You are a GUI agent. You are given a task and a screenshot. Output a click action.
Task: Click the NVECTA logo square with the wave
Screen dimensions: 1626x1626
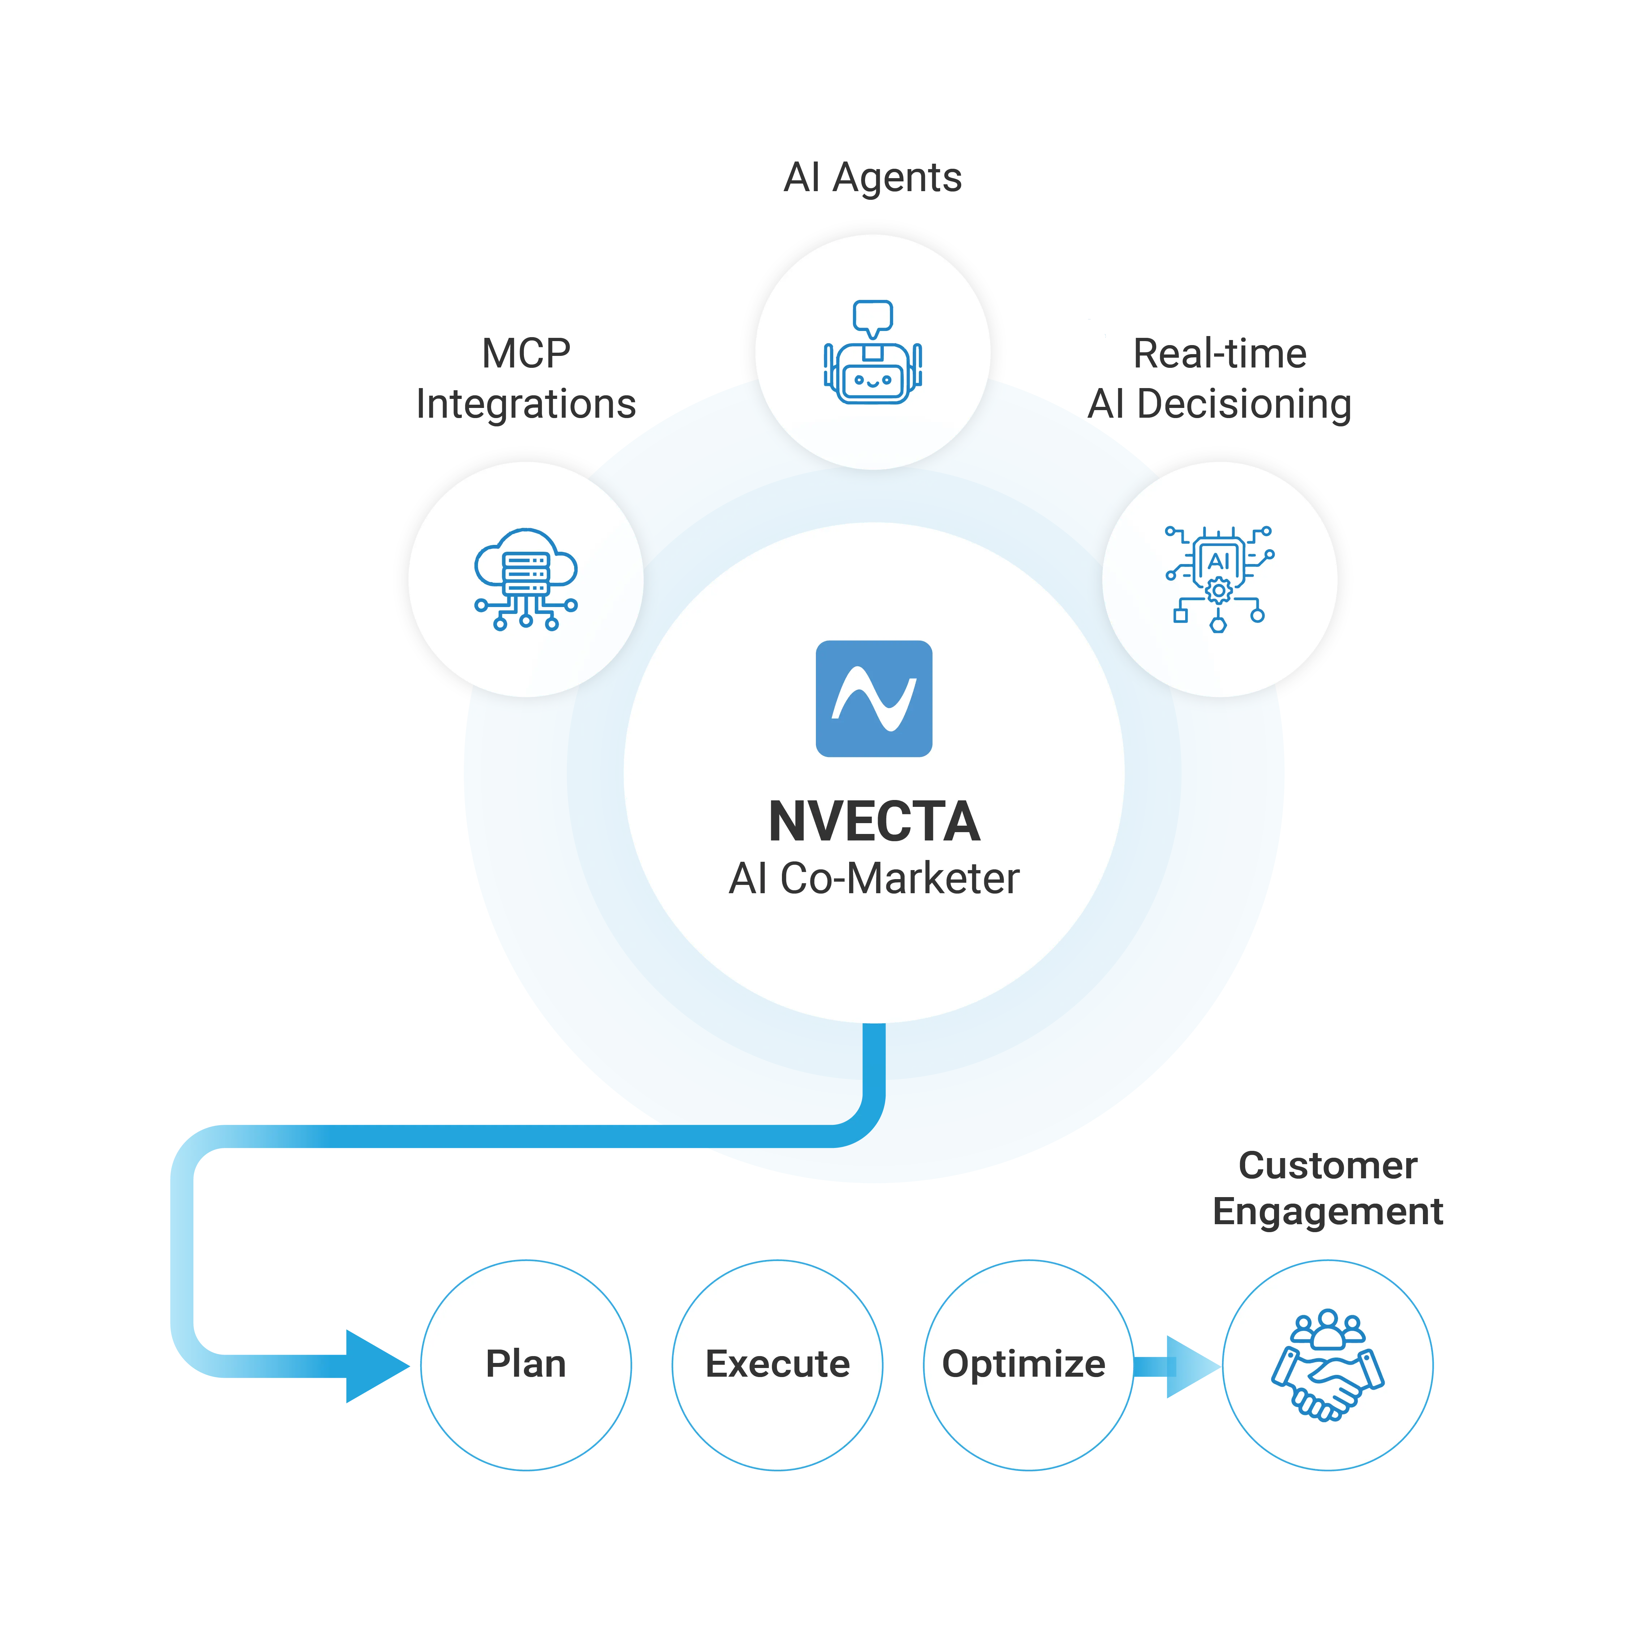[x=874, y=698]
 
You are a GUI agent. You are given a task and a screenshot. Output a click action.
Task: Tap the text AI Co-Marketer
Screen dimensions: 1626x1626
[x=874, y=879]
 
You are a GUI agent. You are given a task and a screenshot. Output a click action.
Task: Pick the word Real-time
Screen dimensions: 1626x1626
[x=1219, y=353]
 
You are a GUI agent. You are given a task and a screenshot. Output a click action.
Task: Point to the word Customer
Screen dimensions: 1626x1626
[x=1327, y=1166]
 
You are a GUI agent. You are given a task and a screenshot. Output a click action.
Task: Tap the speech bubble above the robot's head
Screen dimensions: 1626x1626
[x=873, y=315]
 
